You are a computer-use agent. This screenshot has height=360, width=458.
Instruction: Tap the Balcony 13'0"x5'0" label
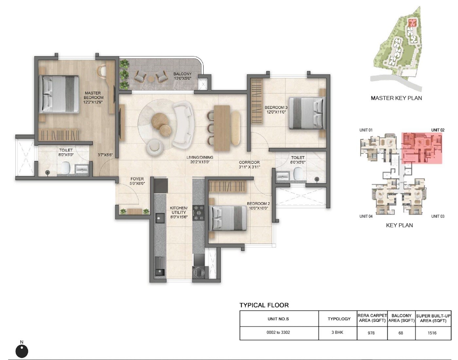[182, 76]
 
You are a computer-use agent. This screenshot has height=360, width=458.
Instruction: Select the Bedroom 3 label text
[276, 110]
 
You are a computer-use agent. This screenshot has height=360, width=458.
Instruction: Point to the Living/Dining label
[200, 159]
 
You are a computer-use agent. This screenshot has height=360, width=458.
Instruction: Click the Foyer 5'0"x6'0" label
[137, 181]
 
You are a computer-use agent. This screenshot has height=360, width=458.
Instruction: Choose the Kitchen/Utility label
[179, 212]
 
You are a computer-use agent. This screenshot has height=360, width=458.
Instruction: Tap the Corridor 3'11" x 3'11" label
[249, 165]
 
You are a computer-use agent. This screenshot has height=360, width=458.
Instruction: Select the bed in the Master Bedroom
[59, 94]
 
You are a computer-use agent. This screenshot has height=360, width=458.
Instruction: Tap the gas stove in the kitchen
[198, 213]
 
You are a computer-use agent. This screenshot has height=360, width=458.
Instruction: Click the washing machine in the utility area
[198, 272]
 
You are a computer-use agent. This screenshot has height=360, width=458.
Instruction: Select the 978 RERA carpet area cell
[371, 333]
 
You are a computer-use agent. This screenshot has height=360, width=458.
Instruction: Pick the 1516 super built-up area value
[432, 333]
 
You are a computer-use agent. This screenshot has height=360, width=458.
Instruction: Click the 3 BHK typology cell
[337, 333]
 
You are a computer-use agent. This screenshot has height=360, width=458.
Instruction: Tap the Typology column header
[339, 319]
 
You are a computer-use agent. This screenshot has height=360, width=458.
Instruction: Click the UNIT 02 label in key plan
[438, 130]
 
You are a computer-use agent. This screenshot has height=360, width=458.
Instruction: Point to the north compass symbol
[22, 351]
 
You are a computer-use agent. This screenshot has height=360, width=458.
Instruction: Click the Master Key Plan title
[396, 98]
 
